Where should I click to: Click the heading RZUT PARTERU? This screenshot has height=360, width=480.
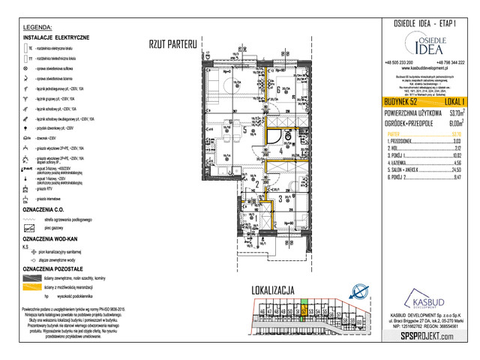coord(172,44)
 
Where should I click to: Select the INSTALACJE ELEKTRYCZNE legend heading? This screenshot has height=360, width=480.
coord(57,37)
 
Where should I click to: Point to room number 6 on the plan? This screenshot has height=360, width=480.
coord(278,91)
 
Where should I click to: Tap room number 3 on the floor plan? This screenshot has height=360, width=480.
coord(280,199)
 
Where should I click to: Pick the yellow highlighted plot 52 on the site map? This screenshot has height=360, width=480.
coord(303,311)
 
